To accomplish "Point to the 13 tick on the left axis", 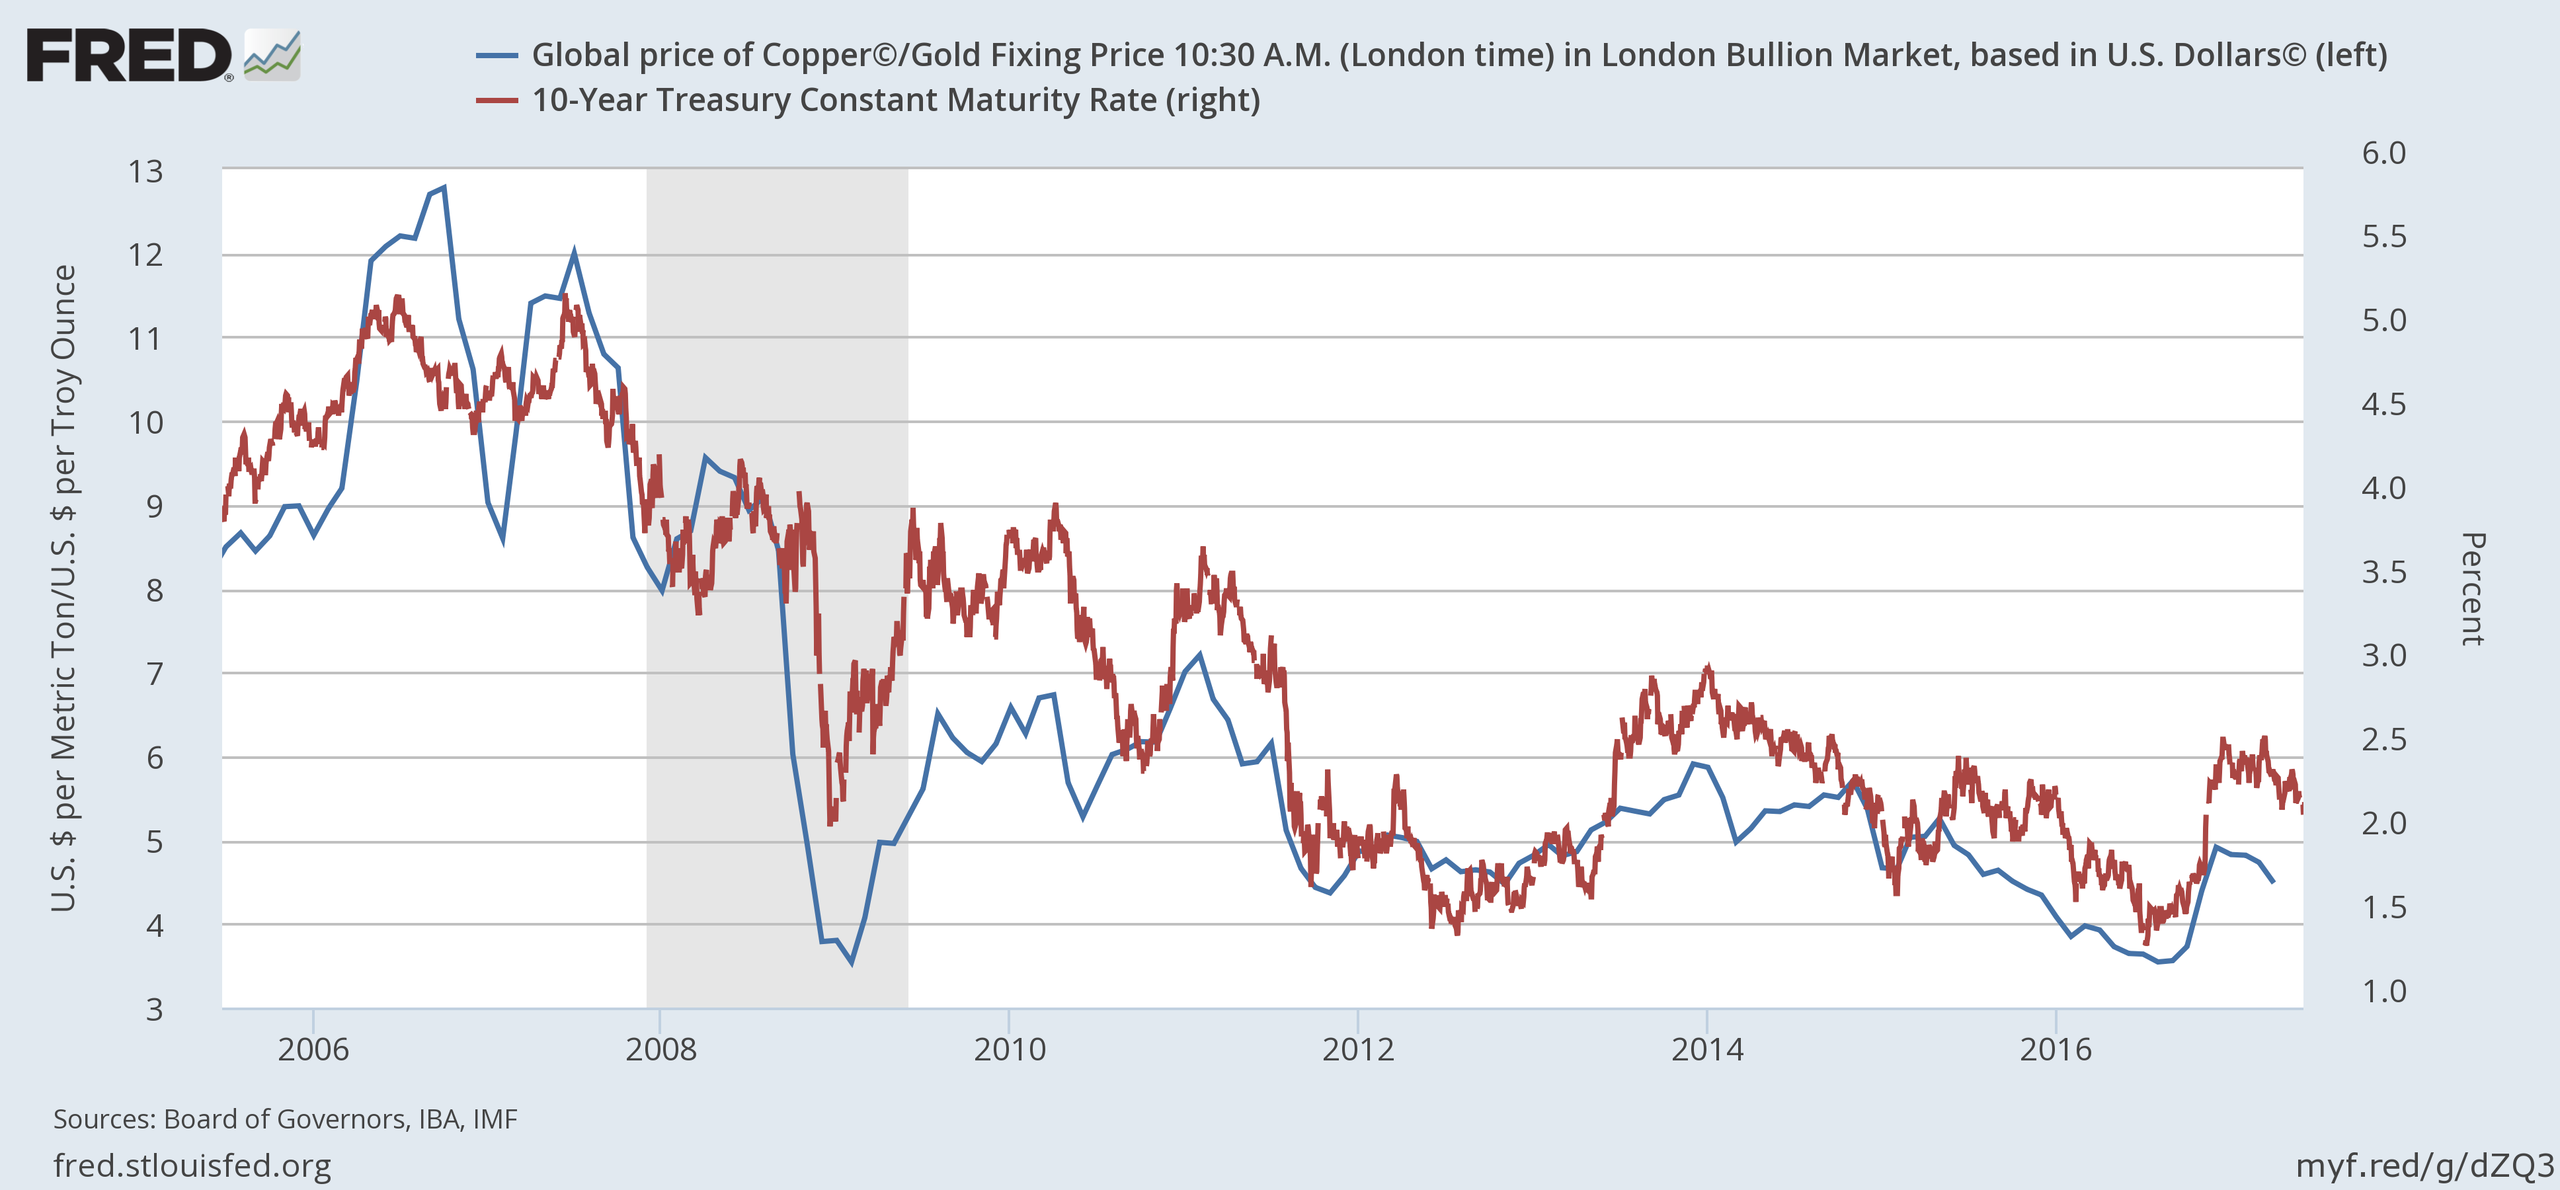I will [145, 172].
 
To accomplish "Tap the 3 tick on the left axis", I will [154, 1010].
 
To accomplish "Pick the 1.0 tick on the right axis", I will [2383, 991].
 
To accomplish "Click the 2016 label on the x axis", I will [2055, 1049].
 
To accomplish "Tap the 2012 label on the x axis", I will [1357, 1049].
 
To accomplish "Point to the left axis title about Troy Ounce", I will [63, 588].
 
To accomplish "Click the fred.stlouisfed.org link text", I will [192, 1165].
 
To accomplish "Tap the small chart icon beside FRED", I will [271, 56].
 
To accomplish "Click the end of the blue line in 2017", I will [2273, 881].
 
